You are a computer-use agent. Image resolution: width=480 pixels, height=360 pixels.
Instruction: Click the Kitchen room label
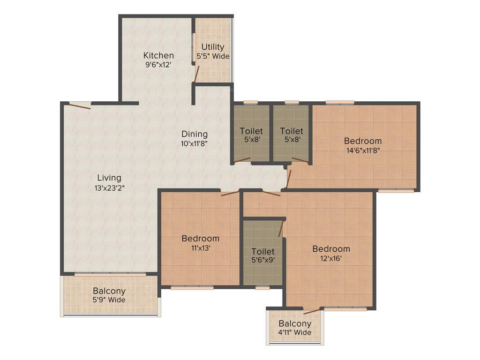coord(158,55)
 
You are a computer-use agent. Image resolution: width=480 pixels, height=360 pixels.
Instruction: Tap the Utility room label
coord(213,47)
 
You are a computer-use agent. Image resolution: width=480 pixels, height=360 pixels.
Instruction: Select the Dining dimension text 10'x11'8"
coord(194,144)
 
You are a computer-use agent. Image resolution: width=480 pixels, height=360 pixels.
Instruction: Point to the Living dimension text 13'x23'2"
coord(109,187)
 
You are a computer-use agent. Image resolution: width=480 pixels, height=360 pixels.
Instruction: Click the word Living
coord(109,178)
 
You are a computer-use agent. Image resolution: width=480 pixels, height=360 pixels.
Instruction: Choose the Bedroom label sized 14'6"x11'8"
coord(363,141)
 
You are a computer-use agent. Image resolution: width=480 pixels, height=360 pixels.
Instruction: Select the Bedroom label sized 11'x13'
coord(200,238)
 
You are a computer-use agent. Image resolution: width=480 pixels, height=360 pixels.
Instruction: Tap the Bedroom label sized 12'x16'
coord(331,248)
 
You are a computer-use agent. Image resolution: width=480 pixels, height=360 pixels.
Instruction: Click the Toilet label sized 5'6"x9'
coord(262,252)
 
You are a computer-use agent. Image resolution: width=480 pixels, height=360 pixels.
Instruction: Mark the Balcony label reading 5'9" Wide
coord(109,291)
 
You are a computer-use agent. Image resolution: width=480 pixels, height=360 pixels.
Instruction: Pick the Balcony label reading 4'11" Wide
coord(295,323)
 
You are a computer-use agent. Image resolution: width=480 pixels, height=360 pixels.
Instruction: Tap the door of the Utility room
coord(197,74)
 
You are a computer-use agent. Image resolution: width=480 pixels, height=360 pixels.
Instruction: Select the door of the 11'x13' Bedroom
coord(230,193)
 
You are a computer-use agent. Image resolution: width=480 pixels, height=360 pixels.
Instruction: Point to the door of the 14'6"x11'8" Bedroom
coord(289,179)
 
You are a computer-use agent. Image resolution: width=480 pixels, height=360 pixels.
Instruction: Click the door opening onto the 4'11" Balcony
coord(312,311)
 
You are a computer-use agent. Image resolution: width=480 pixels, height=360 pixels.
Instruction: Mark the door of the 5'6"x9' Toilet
coord(280,229)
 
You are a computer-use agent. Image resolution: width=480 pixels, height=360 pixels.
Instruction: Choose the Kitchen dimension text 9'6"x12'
coord(158,65)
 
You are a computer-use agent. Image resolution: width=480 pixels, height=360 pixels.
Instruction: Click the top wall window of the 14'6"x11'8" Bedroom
coord(340,102)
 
